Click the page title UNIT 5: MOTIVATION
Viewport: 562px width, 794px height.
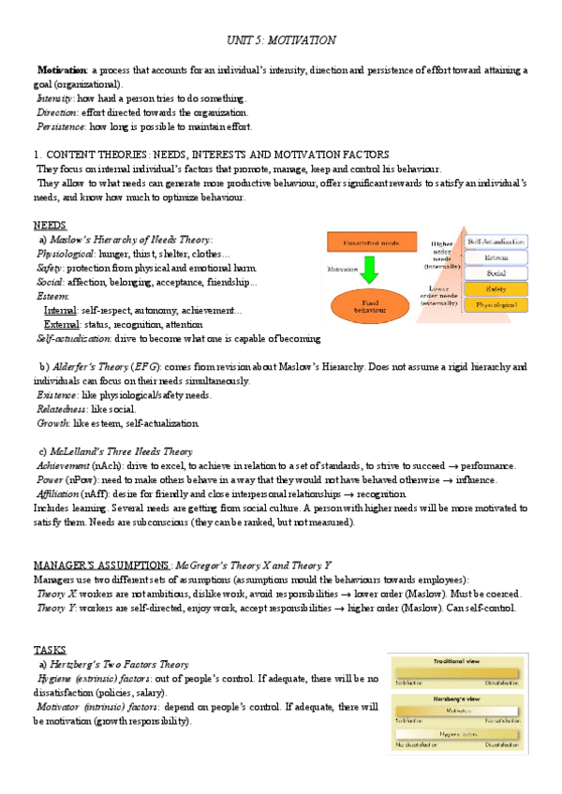281,41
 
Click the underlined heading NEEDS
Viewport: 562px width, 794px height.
50,226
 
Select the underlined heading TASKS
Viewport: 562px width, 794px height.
50,650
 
